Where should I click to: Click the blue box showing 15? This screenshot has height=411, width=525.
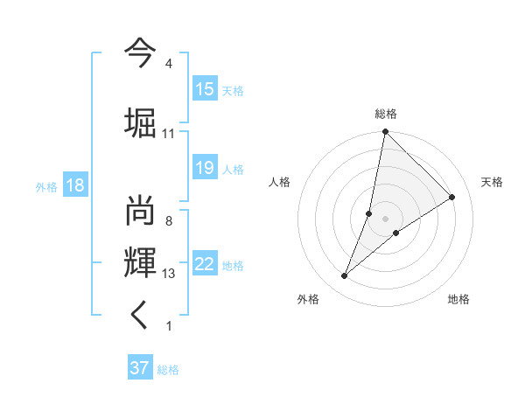tap(205, 89)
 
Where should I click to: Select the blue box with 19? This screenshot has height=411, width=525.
tap(205, 168)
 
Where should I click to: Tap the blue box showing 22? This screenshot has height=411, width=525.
tap(205, 264)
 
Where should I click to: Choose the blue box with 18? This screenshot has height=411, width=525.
tap(74, 185)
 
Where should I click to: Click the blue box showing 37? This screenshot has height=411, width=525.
tap(140, 368)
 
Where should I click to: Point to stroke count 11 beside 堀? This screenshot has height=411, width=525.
tap(169, 134)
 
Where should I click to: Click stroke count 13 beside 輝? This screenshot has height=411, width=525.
tap(169, 274)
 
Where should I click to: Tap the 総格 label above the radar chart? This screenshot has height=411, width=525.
tap(386, 114)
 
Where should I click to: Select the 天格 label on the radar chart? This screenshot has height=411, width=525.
tap(493, 182)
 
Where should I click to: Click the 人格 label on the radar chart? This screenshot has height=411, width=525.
tap(279, 182)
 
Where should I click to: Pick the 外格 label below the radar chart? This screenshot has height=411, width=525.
tap(308, 300)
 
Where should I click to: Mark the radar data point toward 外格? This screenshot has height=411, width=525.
tap(345, 276)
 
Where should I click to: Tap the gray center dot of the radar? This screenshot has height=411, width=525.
tap(385, 219)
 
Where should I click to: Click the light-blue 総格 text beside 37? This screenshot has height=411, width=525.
tap(169, 370)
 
